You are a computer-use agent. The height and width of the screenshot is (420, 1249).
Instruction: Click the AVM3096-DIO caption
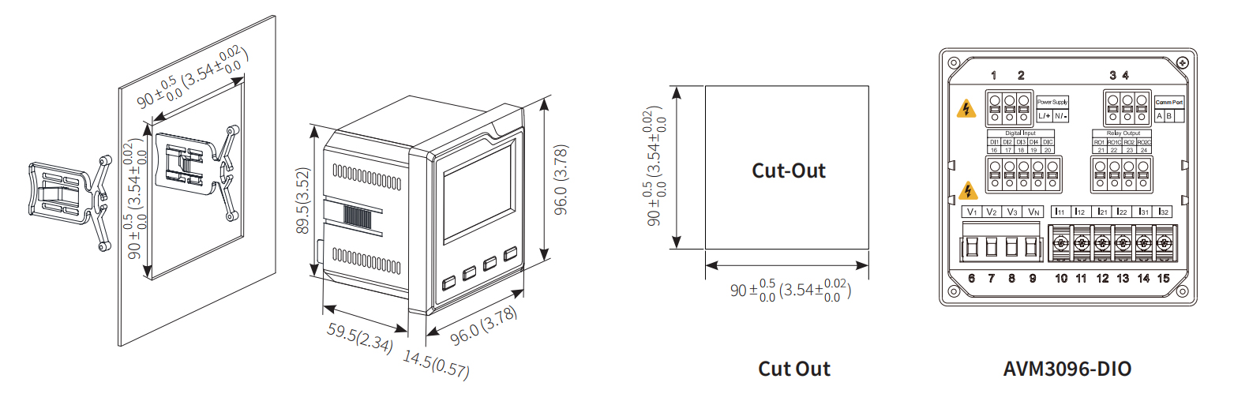tap(1067, 369)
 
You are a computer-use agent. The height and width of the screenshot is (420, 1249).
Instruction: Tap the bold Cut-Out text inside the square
tap(788, 171)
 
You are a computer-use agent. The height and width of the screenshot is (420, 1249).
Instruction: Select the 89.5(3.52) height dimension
tap(303, 201)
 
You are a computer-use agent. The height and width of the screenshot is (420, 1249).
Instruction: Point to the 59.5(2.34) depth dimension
tap(360, 337)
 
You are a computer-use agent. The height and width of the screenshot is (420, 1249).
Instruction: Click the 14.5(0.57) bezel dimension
tap(436, 364)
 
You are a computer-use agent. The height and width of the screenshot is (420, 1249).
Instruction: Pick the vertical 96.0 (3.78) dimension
tap(561, 180)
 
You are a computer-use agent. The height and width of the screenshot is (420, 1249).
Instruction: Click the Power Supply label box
tap(1052, 102)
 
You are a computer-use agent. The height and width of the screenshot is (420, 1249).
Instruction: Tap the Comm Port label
tap(1169, 102)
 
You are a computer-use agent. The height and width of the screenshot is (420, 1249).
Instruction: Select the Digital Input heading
tap(1020, 133)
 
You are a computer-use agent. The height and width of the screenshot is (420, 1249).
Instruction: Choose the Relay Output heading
tap(1123, 133)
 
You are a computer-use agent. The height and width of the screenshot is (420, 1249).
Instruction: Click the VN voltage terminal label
tap(1033, 212)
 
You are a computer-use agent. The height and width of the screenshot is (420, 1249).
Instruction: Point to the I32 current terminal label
tap(1163, 212)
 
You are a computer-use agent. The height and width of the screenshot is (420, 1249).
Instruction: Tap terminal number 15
tap(1163, 279)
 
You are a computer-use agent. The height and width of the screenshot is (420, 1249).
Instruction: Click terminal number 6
tap(971, 279)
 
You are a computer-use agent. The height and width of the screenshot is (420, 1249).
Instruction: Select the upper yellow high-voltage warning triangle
tap(966, 109)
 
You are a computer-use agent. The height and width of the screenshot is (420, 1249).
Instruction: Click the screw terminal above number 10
tap(1060, 243)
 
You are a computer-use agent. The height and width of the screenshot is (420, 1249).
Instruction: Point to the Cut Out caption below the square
tap(793, 369)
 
